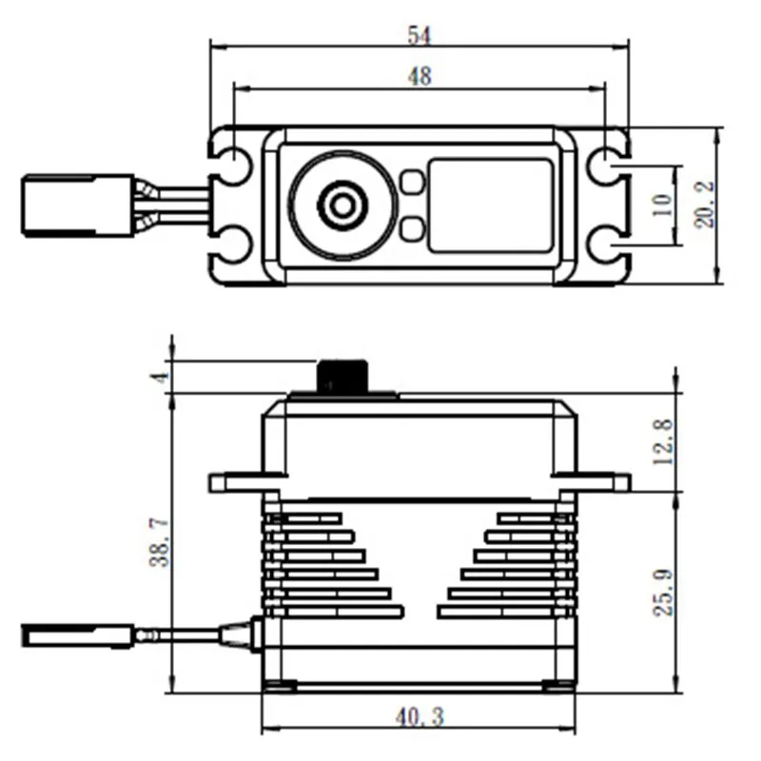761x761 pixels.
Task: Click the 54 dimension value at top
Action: [x=419, y=35]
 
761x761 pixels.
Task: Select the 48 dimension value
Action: [x=419, y=77]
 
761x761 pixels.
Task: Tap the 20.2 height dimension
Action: [x=705, y=206]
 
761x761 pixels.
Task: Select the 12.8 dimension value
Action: [x=663, y=440]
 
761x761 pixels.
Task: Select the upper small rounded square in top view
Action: [x=412, y=182]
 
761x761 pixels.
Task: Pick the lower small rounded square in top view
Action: [x=412, y=228]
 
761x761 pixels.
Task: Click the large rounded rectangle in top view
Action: [x=490, y=205]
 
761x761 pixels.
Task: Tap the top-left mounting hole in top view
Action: [x=232, y=166]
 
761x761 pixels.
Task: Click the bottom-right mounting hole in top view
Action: [x=605, y=246]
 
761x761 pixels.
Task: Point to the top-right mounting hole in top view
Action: [x=605, y=166]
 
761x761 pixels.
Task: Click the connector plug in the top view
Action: [x=78, y=205]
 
